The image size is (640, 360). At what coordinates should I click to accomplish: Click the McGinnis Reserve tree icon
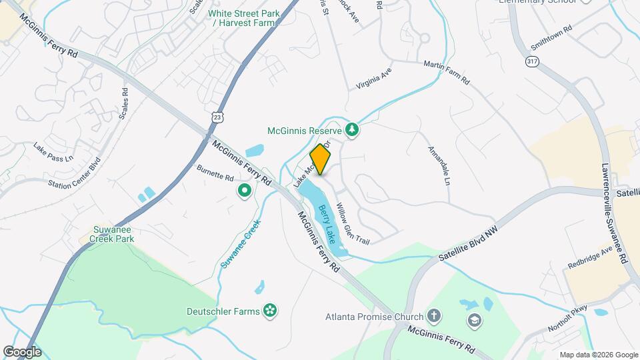pyautogui.click(x=352, y=130)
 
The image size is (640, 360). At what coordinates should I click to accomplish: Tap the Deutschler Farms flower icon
pyautogui.click(x=270, y=310)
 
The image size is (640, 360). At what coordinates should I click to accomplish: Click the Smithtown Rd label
pyautogui.click(x=552, y=39)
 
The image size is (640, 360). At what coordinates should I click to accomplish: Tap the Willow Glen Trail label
pyautogui.click(x=352, y=223)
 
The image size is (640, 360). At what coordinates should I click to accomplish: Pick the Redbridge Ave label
pyautogui.click(x=591, y=257)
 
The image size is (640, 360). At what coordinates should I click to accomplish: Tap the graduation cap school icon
pyautogui.click(x=474, y=321)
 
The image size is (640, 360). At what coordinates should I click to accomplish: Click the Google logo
pyautogui.click(x=22, y=351)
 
